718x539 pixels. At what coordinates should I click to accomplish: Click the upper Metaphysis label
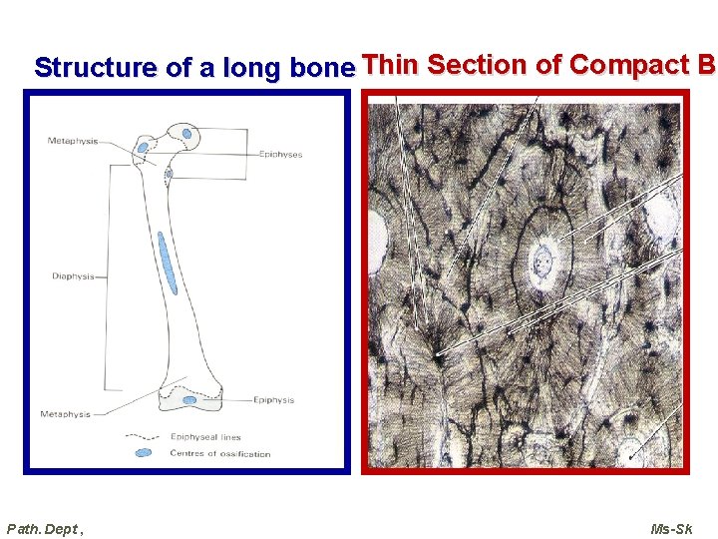point(73,141)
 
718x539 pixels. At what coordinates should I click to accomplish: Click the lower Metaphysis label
point(65,414)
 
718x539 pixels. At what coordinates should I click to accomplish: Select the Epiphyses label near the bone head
point(280,155)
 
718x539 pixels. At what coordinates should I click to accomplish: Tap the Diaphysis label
point(73,276)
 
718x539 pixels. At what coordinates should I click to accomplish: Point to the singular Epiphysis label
point(273,400)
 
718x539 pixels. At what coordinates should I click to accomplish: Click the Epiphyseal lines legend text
point(205,437)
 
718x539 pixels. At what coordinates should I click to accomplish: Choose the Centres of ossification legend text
point(219,454)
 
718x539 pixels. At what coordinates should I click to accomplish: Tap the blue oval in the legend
point(144,453)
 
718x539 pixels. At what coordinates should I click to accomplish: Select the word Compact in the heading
point(627,65)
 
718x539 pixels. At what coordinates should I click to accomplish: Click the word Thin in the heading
point(392,65)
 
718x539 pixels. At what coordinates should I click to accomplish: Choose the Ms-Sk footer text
point(671,528)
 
